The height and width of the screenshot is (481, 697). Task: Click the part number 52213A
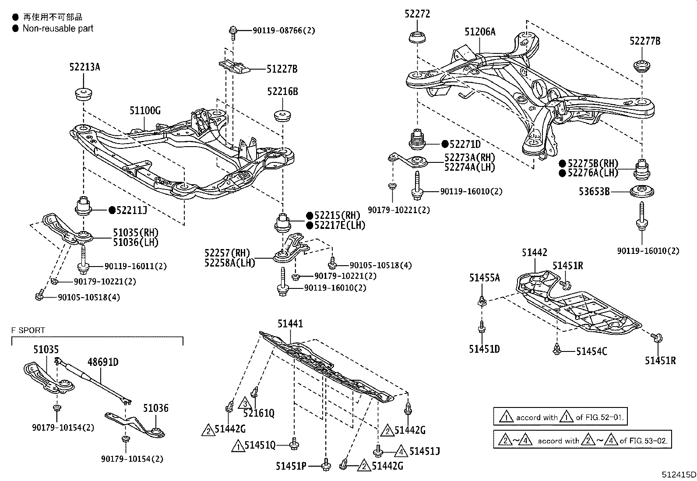click(x=84, y=67)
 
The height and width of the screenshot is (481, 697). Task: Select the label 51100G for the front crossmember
click(x=145, y=111)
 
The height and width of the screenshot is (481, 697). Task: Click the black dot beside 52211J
click(x=112, y=211)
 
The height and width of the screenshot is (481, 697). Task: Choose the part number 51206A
click(x=480, y=32)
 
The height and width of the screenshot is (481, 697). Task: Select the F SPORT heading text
click(x=28, y=330)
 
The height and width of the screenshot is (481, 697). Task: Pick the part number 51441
click(x=290, y=323)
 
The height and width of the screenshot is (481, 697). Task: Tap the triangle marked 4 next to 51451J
click(x=401, y=450)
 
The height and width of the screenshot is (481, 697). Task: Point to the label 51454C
click(x=591, y=351)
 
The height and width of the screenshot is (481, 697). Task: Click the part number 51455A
click(x=484, y=277)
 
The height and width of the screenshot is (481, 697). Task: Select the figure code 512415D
click(x=679, y=474)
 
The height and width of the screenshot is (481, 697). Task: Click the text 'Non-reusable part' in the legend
click(x=58, y=28)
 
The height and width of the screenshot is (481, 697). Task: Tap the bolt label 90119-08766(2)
click(x=284, y=31)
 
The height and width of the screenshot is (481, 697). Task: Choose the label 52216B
click(x=282, y=91)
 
